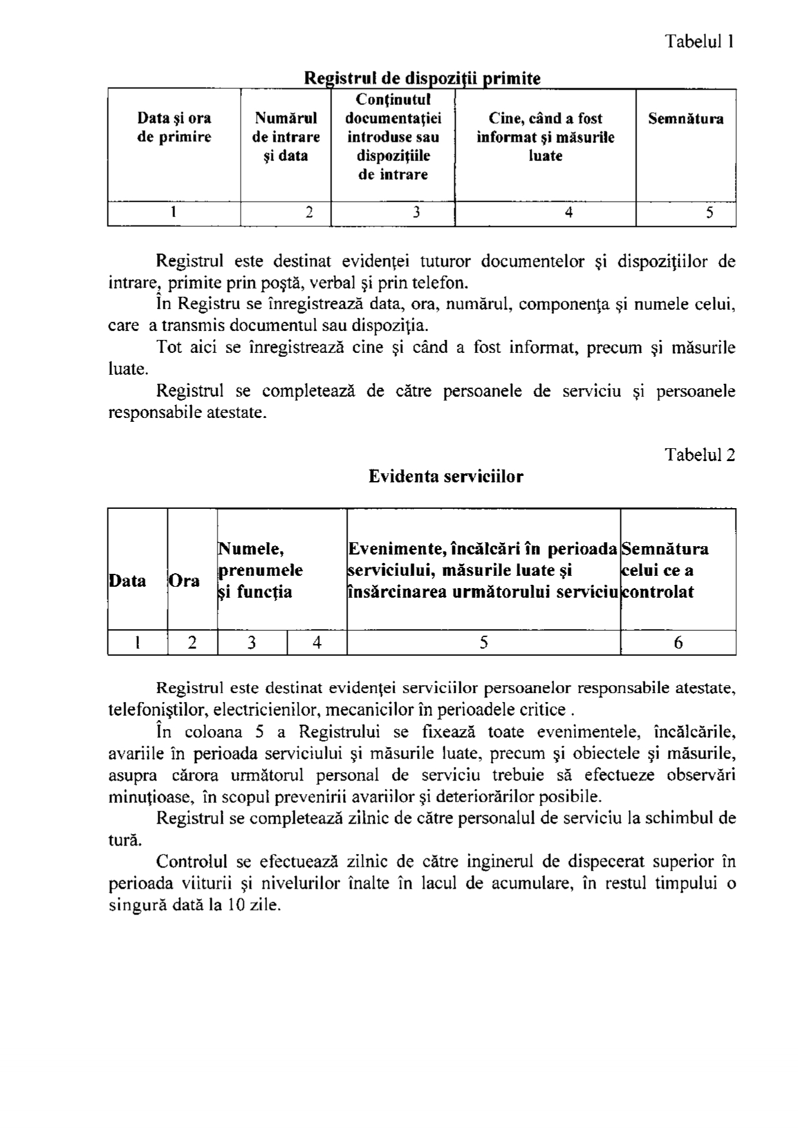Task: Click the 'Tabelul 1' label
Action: pyautogui.click(x=700, y=42)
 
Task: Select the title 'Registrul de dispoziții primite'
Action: pyautogui.click(x=422, y=79)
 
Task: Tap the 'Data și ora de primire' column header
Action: pyautogui.click(x=174, y=128)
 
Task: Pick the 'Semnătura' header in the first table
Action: pyautogui.click(x=685, y=119)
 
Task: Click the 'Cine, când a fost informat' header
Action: pyautogui.click(x=545, y=137)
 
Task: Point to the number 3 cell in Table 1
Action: pyautogui.click(x=416, y=213)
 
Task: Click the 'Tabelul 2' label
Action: pyautogui.click(x=700, y=455)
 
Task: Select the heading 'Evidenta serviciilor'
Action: pyautogui.click(x=446, y=477)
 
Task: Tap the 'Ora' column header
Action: pyautogui.click(x=184, y=580)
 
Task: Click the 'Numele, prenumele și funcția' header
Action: pyautogui.click(x=261, y=570)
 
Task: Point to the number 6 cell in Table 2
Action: pyautogui.click(x=678, y=642)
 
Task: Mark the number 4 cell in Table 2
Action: pyautogui.click(x=317, y=642)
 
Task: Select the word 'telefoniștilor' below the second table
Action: pyautogui.click(x=158, y=710)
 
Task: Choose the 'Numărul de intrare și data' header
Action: pyautogui.click(x=286, y=137)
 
